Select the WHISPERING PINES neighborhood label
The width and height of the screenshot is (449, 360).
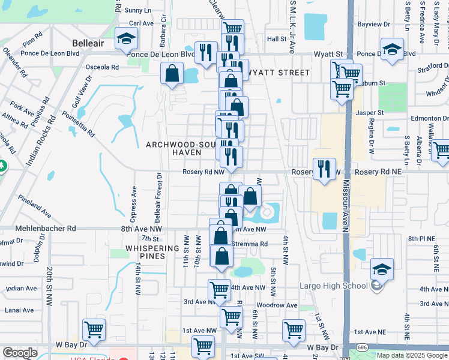click(x=152, y=252)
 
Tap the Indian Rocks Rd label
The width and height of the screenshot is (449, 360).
click(x=41, y=140)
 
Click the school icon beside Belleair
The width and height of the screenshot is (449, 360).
click(x=127, y=40)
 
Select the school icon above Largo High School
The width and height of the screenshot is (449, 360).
click(x=382, y=268)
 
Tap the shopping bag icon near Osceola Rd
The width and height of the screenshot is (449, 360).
click(x=172, y=73)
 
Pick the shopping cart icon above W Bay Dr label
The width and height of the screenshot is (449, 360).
click(x=94, y=329)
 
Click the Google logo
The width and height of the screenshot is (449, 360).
click(x=20, y=353)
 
